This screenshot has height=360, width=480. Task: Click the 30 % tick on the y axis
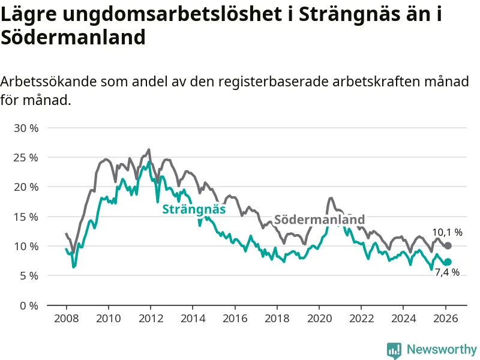(25, 128)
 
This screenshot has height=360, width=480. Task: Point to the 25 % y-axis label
(25, 158)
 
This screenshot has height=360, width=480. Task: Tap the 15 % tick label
(25, 217)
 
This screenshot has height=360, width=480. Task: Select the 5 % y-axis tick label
(28, 276)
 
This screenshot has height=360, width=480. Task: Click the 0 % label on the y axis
(28, 305)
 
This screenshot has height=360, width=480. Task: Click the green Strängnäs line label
(194, 209)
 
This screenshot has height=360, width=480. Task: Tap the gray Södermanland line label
(319, 220)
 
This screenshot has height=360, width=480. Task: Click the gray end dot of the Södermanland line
(448, 246)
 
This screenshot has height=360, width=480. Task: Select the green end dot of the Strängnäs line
(448, 262)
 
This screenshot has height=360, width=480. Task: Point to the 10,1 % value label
(448, 232)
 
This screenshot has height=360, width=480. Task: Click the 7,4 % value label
(447, 273)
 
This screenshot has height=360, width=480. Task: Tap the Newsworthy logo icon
(394, 350)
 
